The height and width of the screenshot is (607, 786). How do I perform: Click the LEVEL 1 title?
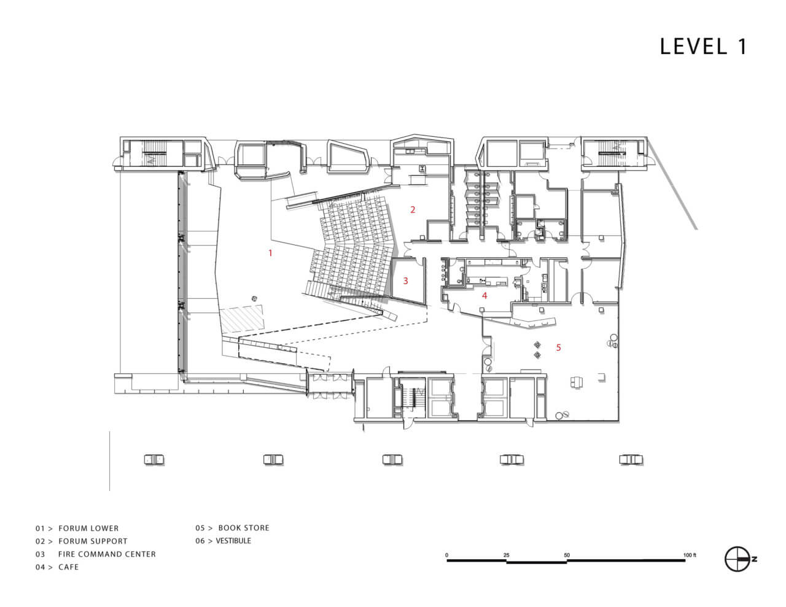(703, 47)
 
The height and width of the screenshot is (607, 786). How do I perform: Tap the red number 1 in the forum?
(270, 253)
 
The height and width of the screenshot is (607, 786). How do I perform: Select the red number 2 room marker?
(413, 209)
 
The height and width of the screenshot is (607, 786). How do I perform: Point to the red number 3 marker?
(405, 280)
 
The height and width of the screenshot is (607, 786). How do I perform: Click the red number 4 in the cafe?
(484, 295)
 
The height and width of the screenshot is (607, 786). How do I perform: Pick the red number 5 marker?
(558, 347)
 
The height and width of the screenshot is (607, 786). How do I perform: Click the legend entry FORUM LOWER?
(88, 528)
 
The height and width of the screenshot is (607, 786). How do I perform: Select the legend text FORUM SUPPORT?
(93, 541)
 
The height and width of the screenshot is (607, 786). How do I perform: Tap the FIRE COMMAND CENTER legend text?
(107, 554)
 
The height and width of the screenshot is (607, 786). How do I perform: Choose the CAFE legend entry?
(68, 567)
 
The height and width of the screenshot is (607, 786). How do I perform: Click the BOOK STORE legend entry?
(244, 528)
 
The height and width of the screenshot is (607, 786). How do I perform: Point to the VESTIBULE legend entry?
(233, 541)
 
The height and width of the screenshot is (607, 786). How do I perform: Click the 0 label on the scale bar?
(446, 555)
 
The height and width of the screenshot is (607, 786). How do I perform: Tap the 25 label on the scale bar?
(506, 555)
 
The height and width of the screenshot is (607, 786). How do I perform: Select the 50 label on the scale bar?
(566, 555)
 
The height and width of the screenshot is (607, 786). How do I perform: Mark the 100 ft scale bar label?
(690, 555)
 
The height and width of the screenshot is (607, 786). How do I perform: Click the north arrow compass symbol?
(737, 559)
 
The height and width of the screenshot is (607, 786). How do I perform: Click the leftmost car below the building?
(154, 460)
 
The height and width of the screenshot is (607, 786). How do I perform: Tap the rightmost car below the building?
(631, 460)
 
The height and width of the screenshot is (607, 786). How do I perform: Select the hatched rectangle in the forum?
(241, 319)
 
